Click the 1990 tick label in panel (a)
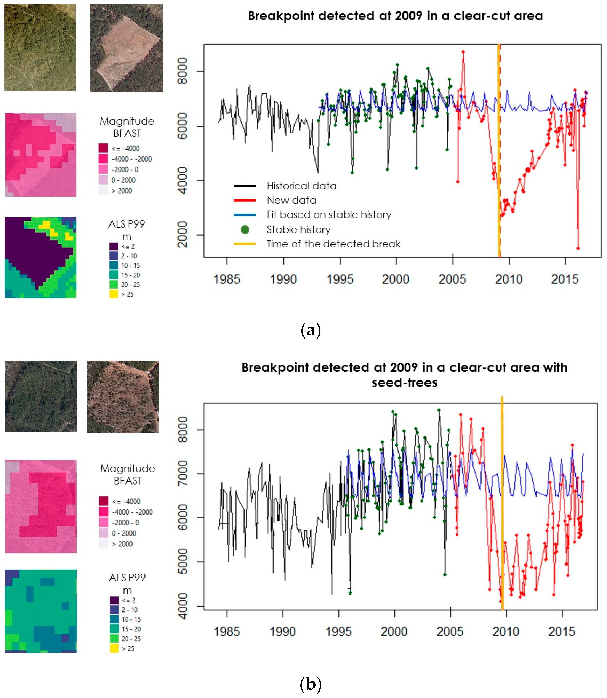tap(283, 279)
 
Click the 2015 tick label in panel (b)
tap(562, 632)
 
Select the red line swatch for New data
tap(245, 201)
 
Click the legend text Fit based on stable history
tap(329, 215)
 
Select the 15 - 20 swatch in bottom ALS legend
tap(114, 629)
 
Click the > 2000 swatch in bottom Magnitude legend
tap(104, 544)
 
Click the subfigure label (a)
tap(311, 330)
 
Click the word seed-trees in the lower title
tap(404, 383)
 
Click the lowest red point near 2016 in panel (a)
tap(578, 248)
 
